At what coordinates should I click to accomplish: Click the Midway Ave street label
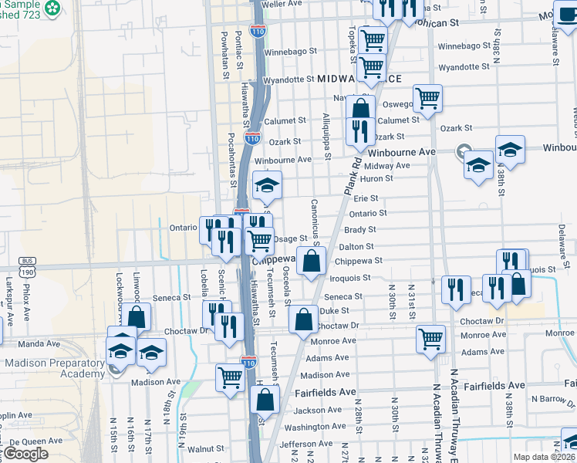[386, 166]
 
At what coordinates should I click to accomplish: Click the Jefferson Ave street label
[305, 444]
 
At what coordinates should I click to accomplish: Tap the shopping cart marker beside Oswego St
[427, 98]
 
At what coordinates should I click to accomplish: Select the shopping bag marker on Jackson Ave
[265, 400]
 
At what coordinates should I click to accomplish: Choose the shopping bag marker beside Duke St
[303, 319]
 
